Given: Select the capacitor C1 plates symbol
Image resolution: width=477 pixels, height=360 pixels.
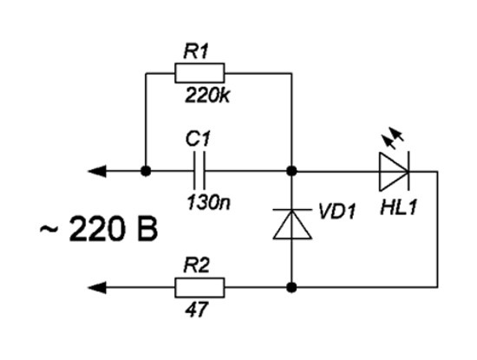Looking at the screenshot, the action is coord(199,171).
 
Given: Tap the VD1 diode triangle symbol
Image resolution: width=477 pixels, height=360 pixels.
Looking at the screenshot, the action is coord(292,225).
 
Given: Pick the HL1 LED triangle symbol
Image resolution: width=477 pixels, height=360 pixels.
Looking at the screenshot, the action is coord(394,172).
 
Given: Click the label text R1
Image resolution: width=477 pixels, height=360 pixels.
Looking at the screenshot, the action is coord(196,51).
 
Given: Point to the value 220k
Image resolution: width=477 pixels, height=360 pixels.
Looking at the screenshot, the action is coord(207,95).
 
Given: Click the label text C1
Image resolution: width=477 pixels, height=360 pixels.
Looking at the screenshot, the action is coord(198,139).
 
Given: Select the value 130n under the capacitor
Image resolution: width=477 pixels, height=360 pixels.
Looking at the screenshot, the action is coord(209,202).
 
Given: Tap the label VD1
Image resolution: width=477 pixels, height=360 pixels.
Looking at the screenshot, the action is coord(337,211).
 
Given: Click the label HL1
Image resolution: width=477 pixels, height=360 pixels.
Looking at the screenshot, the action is coord(398,207).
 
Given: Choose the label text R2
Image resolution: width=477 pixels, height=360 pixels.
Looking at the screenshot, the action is coord(197,265).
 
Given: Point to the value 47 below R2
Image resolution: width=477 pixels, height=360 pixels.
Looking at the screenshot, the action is coord(197,310).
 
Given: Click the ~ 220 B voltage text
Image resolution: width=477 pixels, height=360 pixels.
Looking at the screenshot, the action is coord(99,228).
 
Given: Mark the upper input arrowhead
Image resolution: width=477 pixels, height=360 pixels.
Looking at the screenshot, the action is coord(97,172).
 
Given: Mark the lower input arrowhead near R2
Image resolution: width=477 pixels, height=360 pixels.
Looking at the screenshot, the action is coord(97,288).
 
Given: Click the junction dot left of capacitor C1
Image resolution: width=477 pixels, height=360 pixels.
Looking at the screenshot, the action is coord(146,172).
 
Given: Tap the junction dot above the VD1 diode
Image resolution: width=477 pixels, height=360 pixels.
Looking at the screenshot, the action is coord(291,172).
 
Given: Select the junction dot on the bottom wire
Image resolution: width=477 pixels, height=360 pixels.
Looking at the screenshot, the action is coord(291,288).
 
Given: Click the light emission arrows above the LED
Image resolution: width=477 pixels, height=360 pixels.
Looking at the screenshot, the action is coord(393,139).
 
